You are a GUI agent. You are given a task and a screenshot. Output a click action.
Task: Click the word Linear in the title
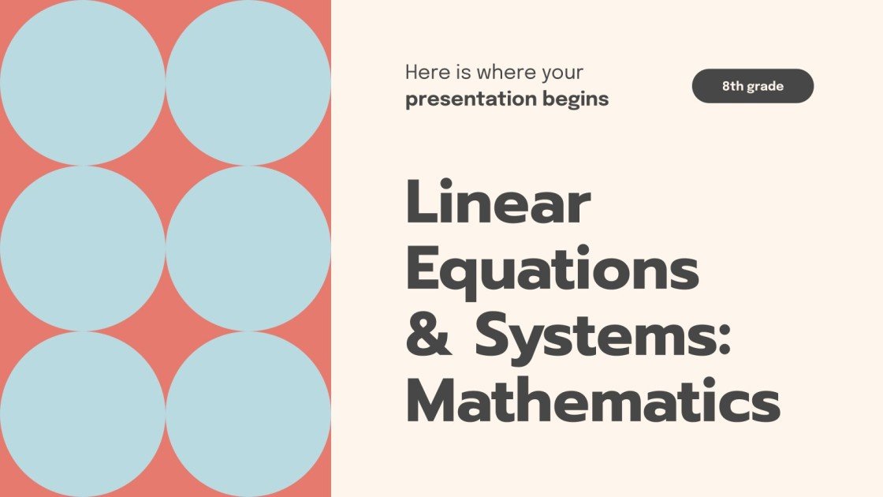497,204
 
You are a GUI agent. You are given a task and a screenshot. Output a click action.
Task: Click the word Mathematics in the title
592,401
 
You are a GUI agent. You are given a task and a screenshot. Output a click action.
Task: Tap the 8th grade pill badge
752,86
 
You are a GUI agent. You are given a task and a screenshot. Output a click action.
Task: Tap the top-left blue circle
82,82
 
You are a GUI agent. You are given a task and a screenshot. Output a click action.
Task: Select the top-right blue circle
248,82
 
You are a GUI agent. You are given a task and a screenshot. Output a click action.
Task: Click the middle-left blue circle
82,248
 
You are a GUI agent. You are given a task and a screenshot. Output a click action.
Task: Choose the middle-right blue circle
248,248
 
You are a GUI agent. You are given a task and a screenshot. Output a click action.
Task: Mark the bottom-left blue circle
82,413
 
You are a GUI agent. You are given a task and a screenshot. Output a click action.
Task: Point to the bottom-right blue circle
248,413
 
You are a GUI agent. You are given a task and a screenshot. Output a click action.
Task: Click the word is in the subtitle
462,73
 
